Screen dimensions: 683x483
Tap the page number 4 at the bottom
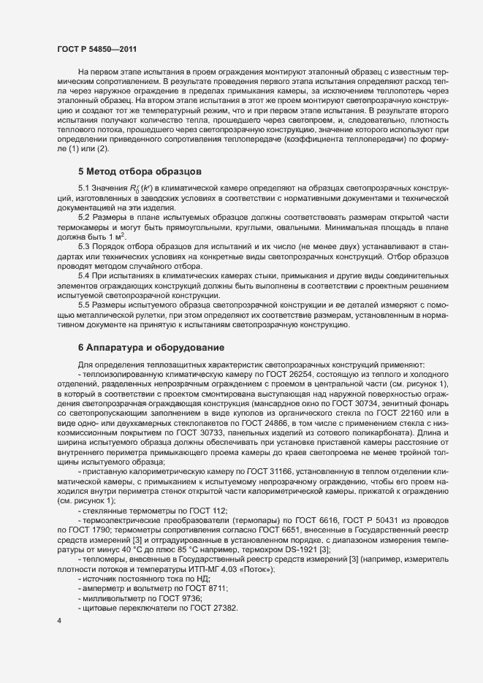(x=58, y=622)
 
